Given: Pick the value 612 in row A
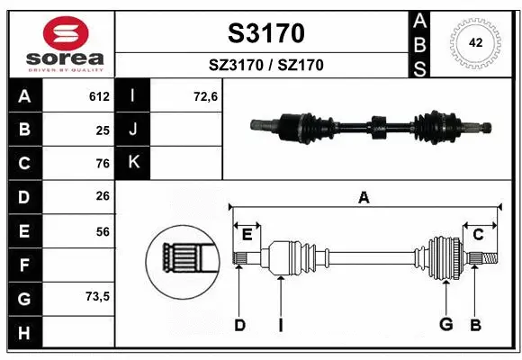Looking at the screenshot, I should pos(99,96).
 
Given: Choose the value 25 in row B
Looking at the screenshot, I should pos(103,130).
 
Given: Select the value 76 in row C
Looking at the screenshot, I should pos(103,164).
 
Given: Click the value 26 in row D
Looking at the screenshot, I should pos(103,197).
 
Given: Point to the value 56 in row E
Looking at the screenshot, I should pos(103,231).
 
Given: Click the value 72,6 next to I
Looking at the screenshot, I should pos(205,96).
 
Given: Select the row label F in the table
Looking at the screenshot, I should pos(24,265).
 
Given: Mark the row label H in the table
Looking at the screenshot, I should pos(24,333).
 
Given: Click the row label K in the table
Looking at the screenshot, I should pos(133,162).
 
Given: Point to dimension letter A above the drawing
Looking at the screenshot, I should pos(364,197).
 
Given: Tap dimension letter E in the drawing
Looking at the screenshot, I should pos(247,235).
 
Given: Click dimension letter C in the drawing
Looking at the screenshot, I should pos(479,235).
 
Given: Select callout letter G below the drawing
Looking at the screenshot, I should pos(445,325).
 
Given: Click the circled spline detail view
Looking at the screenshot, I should pos(184,262).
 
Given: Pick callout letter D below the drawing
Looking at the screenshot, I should pos(239,325).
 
